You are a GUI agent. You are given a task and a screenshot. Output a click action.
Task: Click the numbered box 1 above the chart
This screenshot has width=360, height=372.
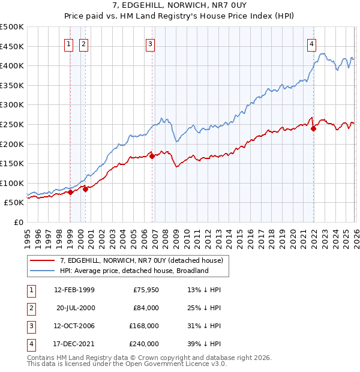(x=69, y=43)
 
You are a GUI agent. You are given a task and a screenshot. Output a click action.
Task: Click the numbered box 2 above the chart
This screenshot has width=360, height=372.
(x=83, y=43)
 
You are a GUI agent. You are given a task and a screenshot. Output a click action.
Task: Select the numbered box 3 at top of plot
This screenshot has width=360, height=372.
(x=149, y=43)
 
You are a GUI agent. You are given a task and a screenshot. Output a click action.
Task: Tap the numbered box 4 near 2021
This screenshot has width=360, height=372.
(x=312, y=43)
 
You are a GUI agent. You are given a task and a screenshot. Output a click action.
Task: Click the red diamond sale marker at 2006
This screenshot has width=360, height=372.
(x=152, y=156)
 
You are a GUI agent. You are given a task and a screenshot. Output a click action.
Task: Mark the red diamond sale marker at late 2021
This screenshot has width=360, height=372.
(x=313, y=128)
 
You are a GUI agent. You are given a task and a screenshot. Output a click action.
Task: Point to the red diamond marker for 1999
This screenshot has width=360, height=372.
(x=70, y=192)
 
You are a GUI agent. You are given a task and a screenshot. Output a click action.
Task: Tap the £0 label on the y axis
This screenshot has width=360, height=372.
(x=18, y=223)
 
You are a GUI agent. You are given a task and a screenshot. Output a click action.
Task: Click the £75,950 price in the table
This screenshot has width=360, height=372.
(x=144, y=290)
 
